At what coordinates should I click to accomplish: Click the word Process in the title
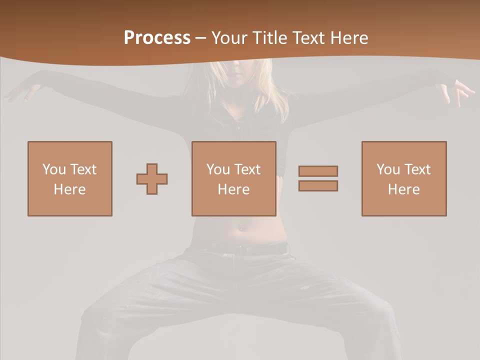click(x=157, y=38)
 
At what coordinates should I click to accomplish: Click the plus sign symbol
click(x=152, y=178)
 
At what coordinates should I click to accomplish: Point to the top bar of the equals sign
click(x=318, y=171)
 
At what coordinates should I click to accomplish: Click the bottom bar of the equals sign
click(x=318, y=185)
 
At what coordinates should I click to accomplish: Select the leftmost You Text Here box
click(x=70, y=178)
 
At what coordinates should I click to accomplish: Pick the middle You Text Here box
click(x=234, y=178)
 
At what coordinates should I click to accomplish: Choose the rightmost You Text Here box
click(x=404, y=178)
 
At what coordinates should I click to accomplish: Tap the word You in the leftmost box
click(x=53, y=169)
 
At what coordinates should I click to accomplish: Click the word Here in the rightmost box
click(x=404, y=189)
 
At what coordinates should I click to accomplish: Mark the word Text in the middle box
click(x=247, y=169)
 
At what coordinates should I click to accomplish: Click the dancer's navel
click(x=241, y=229)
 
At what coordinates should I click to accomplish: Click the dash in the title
click(x=201, y=38)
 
